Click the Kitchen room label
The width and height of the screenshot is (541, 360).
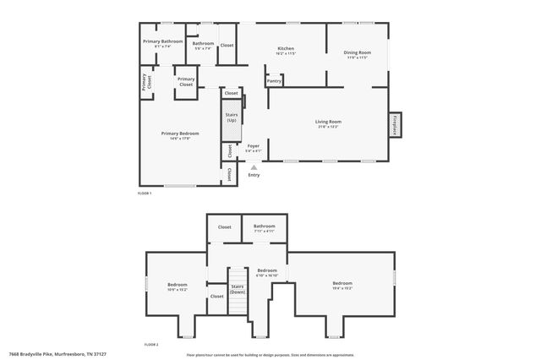click(x=286, y=49)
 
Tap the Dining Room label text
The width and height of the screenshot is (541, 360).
click(x=356, y=52)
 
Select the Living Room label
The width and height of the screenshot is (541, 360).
click(x=328, y=122)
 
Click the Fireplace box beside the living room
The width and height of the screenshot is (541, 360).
click(x=394, y=124)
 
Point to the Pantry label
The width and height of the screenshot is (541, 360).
click(x=274, y=82)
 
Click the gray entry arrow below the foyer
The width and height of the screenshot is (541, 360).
click(x=254, y=167)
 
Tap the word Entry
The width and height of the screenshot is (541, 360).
click(x=254, y=175)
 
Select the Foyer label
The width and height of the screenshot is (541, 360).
click(x=253, y=145)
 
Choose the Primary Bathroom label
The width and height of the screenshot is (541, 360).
click(x=162, y=41)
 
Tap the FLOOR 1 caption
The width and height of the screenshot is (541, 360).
click(x=144, y=194)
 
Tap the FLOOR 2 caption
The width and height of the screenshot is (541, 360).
click(x=151, y=345)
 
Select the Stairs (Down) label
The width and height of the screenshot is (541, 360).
click(x=238, y=289)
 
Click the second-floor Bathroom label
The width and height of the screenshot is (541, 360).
click(x=264, y=226)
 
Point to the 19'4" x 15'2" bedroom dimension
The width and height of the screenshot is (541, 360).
click(x=342, y=288)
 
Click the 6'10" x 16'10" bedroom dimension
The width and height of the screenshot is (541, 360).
click(x=266, y=275)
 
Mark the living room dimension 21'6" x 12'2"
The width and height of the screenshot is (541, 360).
click(x=328, y=127)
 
